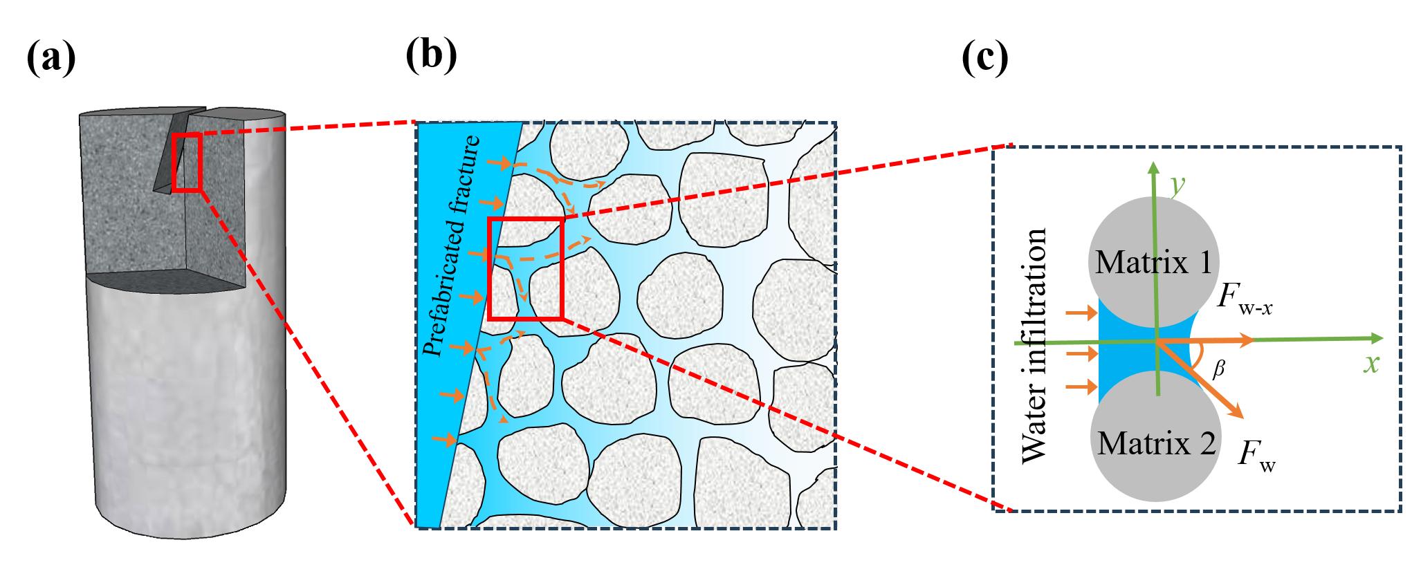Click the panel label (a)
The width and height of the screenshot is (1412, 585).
point(51,58)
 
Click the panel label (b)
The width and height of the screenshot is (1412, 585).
point(431,55)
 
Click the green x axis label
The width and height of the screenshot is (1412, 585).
point(1371,362)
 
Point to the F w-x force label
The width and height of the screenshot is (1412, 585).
point(1245,301)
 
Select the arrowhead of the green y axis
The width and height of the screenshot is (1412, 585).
point(1153,168)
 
